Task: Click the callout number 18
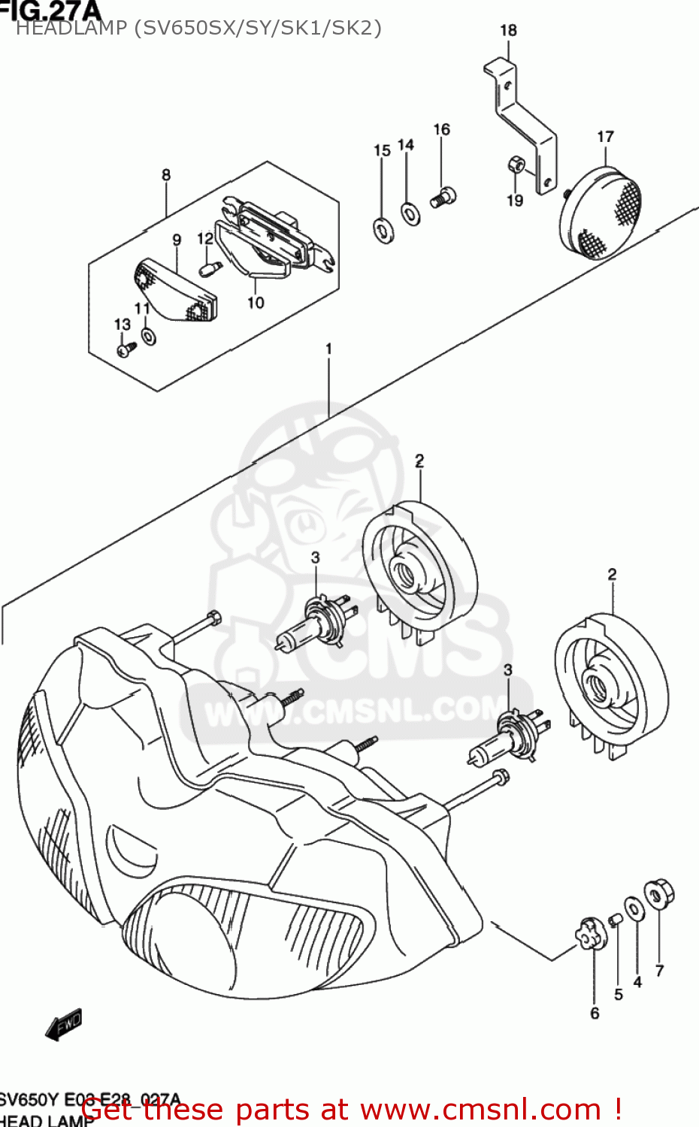click(508, 30)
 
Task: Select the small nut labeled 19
click(515, 163)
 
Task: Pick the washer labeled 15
click(383, 228)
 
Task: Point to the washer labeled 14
click(410, 213)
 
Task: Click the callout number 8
click(165, 174)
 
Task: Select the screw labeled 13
click(126, 348)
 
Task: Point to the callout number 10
click(256, 302)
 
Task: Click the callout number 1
click(328, 349)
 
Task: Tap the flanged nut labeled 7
click(659, 894)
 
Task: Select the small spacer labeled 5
click(616, 920)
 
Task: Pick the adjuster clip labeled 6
click(590, 933)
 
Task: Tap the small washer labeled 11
click(149, 336)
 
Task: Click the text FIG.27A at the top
click(49, 9)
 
